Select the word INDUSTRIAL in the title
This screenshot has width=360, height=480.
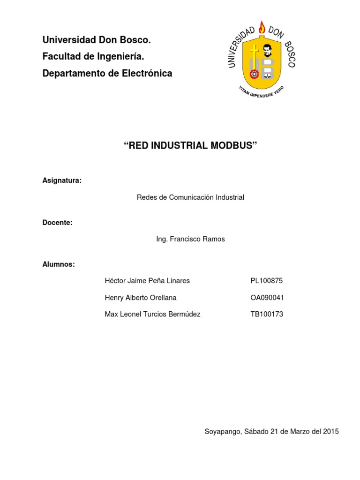(x=178, y=145)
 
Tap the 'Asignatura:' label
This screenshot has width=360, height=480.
(x=62, y=181)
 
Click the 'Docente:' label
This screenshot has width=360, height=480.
(x=57, y=223)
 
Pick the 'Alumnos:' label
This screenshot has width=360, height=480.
(x=59, y=264)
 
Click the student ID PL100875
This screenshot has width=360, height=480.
(x=267, y=281)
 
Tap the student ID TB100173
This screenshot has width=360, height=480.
(x=267, y=314)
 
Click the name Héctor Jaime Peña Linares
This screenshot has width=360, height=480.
(x=147, y=281)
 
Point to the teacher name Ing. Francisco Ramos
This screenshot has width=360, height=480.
(x=190, y=239)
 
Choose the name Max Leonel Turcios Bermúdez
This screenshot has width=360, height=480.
(x=152, y=314)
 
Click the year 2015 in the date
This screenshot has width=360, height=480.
(x=330, y=431)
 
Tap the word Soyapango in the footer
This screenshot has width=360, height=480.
(x=222, y=432)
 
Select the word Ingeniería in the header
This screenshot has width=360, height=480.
(x=119, y=57)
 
